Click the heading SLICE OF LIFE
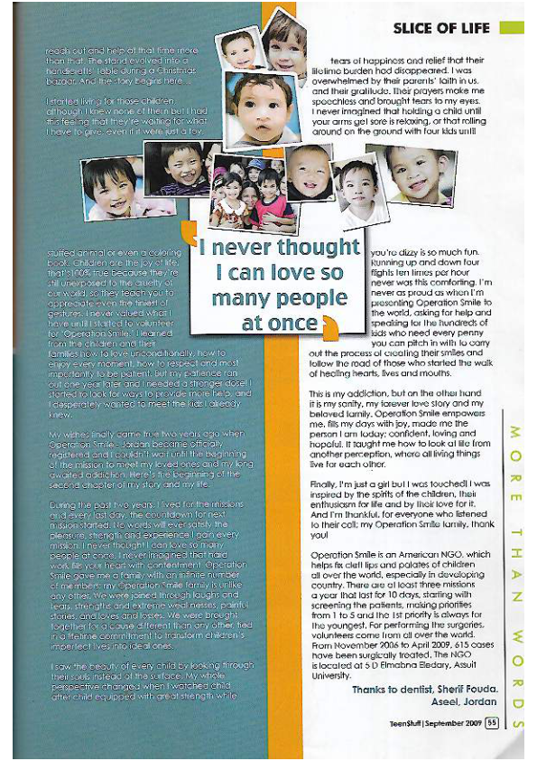(441, 29)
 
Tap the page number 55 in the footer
(492, 721)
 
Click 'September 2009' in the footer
(454, 721)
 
